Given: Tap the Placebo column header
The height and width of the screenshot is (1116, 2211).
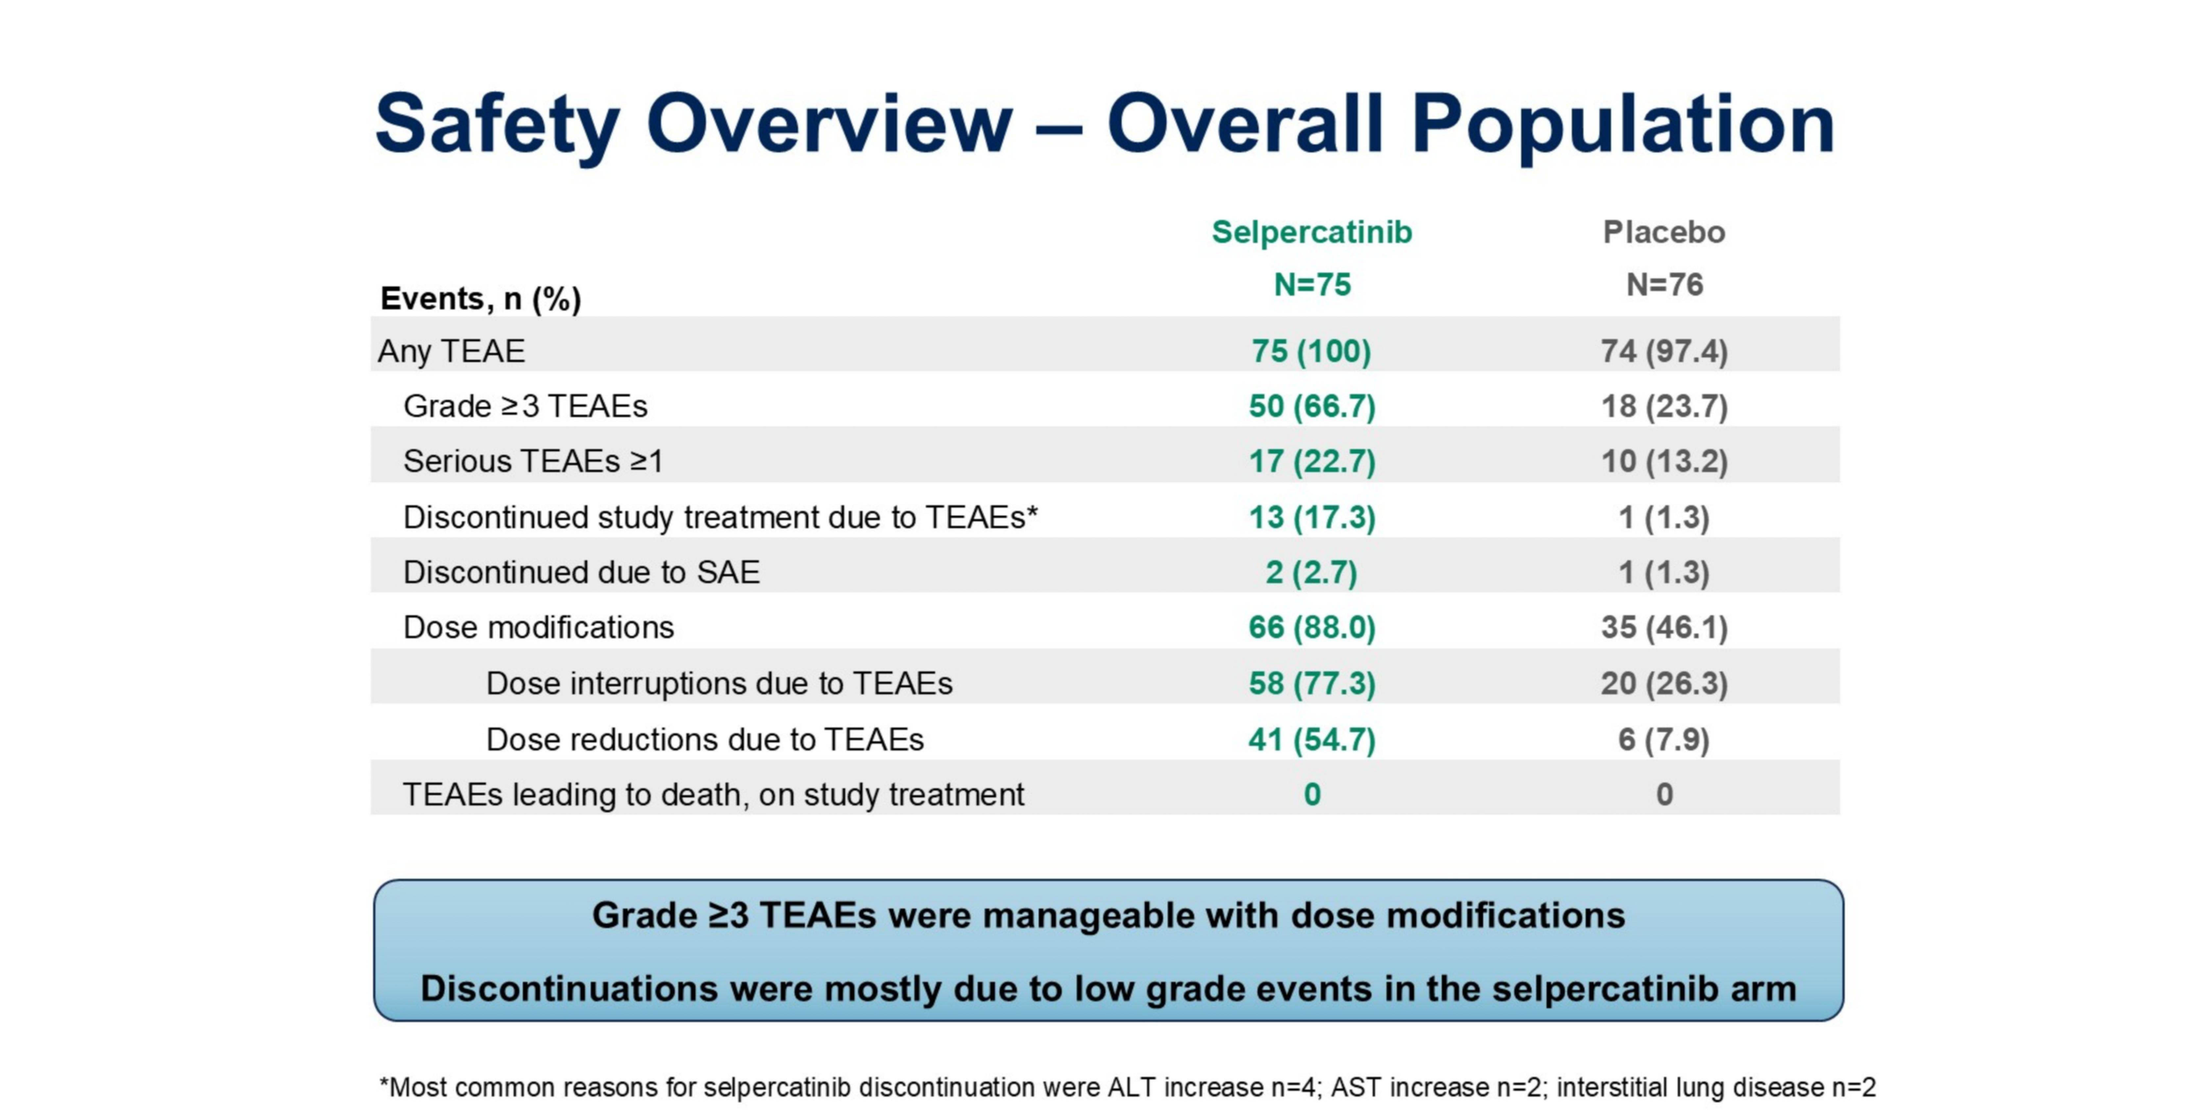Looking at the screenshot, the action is (1664, 231).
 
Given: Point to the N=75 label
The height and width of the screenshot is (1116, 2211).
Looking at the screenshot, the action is (1311, 284).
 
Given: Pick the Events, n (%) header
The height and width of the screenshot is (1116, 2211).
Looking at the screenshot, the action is (481, 299).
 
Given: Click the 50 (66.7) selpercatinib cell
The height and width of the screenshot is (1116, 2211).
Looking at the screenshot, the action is (1311, 406).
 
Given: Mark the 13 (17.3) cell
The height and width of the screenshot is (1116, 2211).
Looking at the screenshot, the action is (1311, 517).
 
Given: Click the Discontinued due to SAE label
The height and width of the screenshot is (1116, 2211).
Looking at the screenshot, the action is (581, 572).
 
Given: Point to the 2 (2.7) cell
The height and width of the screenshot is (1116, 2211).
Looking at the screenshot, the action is (1311, 572).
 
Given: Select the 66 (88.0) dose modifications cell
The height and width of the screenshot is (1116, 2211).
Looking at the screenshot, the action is (1311, 627).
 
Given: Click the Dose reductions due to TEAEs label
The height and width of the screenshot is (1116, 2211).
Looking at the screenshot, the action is (705, 740).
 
